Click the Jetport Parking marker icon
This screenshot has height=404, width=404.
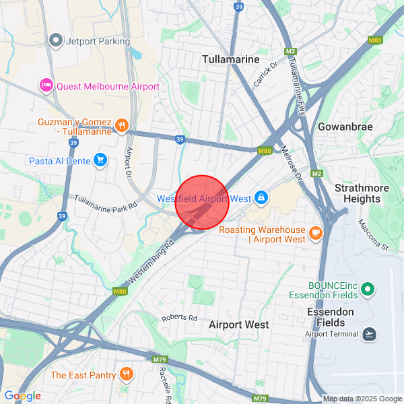pyautogui.click(x=56, y=41)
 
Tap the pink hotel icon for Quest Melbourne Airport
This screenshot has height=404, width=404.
pyautogui.click(x=46, y=86)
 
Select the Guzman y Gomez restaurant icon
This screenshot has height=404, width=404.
pyautogui.click(x=121, y=125)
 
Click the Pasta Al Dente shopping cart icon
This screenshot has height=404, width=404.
pyautogui.click(x=100, y=160)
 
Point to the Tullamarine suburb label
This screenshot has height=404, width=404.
pyautogui.click(x=230, y=59)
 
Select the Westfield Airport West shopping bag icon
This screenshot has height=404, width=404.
pyautogui.click(x=261, y=198)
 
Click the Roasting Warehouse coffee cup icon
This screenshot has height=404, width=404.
pyautogui.click(x=315, y=233)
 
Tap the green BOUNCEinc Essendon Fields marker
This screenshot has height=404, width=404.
pyautogui.click(x=367, y=290)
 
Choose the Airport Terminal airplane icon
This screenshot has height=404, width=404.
pyautogui.click(x=369, y=334)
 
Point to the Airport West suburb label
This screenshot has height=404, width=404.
pyautogui.click(x=239, y=325)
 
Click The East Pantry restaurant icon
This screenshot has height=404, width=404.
pyautogui.click(x=126, y=374)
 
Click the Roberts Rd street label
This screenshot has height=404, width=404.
pyautogui.click(x=179, y=318)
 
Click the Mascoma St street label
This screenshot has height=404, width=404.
pyautogui.click(x=374, y=234)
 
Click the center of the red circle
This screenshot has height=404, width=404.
pyautogui.click(x=203, y=203)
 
